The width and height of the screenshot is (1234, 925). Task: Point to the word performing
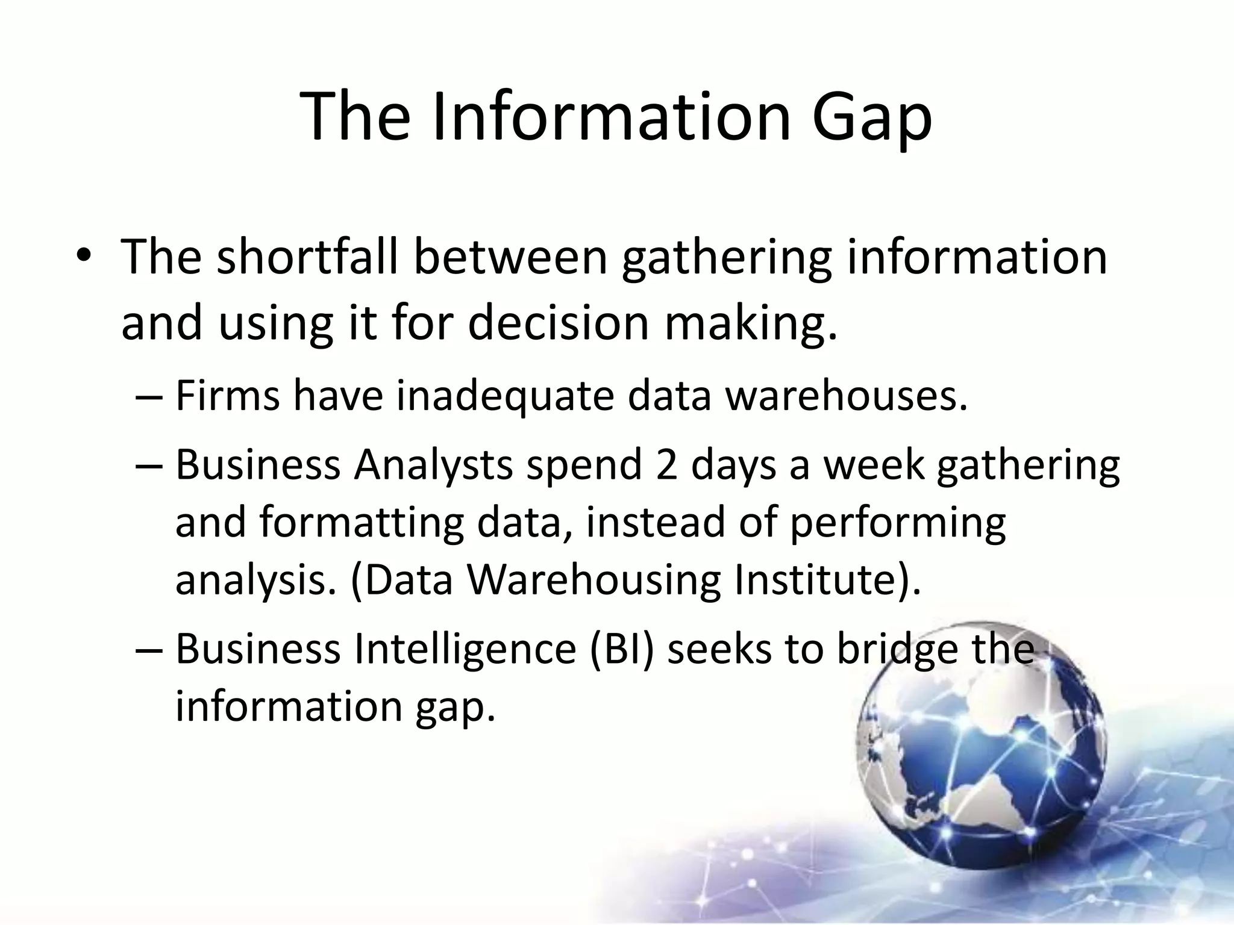[x=897, y=523]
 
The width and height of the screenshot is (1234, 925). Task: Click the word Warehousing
[x=594, y=579]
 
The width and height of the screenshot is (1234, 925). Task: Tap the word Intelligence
[x=465, y=649]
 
